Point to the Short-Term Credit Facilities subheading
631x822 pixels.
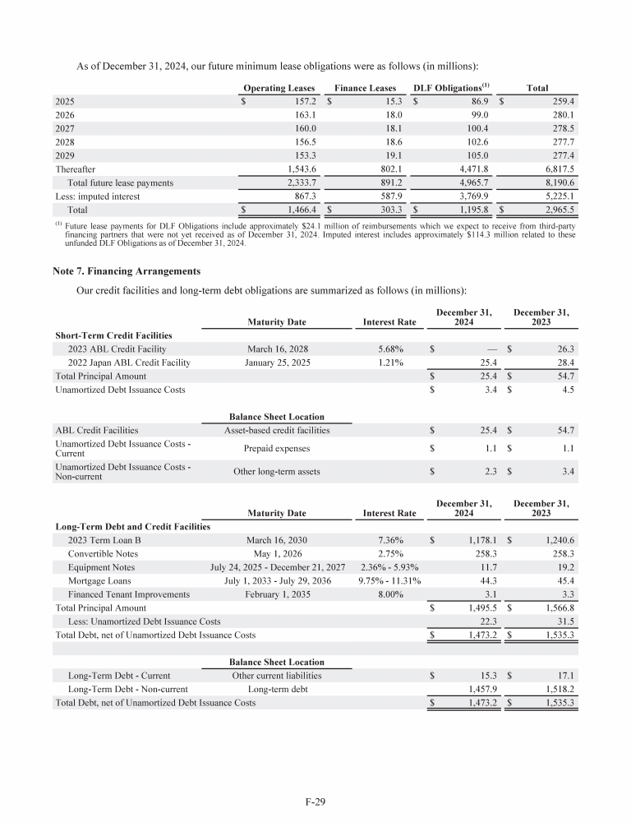pos(113,335)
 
